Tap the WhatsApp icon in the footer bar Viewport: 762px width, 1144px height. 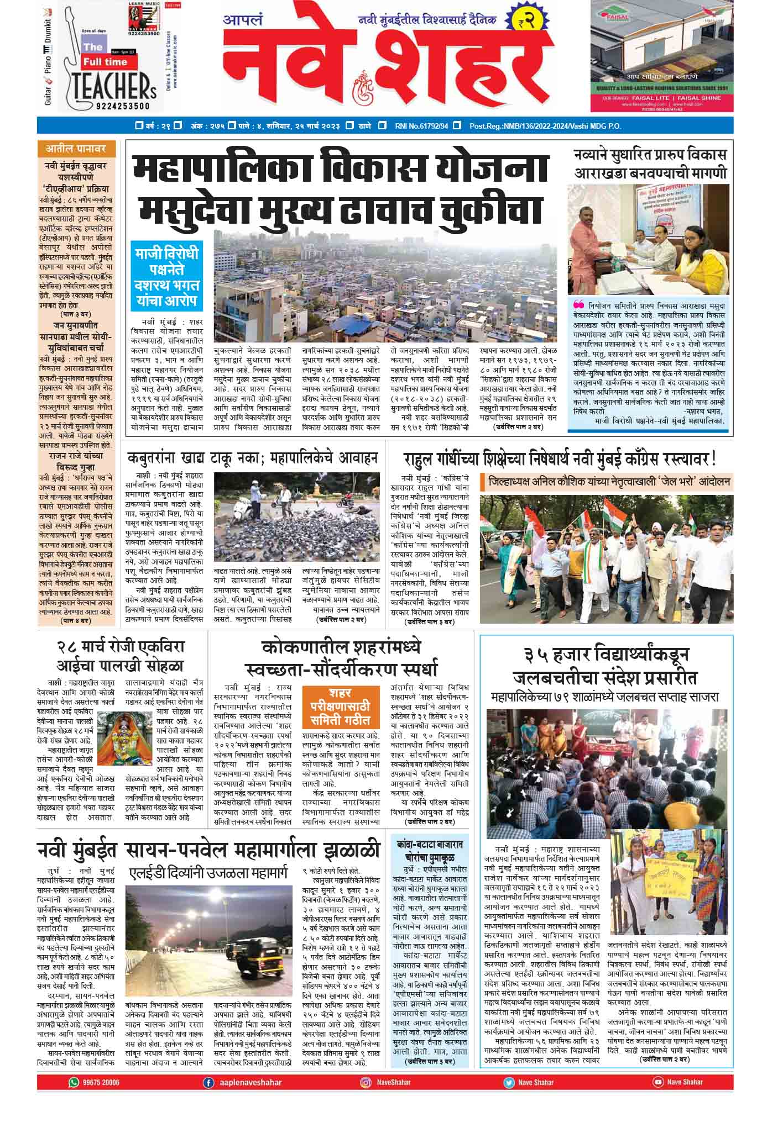(x=74, y=1098)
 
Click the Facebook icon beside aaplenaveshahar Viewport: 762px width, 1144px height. (x=208, y=1098)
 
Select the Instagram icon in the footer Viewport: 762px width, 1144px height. (x=365, y=1098)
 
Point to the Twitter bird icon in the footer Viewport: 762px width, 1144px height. (x=508, y=1098)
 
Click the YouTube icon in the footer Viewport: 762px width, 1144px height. (x=657, y=1098)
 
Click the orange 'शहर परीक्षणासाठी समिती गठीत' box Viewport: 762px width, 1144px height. (x=340, y=707)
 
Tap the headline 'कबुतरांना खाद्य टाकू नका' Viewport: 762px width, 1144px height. (x=252, y=458)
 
